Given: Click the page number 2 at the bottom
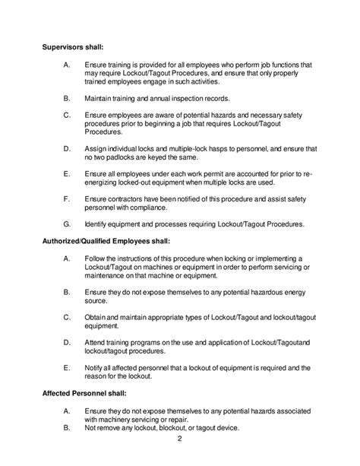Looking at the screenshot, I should pos(179,439).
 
